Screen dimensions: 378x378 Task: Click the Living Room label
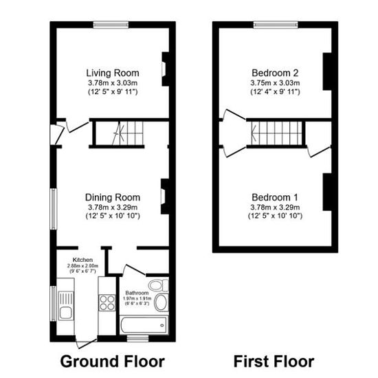(x=113, y=73)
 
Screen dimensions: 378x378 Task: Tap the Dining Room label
(x=113, y=197)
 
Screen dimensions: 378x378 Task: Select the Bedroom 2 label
(x=275, y=73)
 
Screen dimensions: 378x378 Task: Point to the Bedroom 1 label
(x=275, y=197)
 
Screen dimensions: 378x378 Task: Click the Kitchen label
(x=82, y=260)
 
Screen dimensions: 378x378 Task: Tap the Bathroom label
(x=137, y=293)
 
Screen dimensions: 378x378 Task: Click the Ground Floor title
(x=112, y=362)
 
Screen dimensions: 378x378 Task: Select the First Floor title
(x=274, y=362)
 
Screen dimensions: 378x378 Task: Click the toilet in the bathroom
(x=158, y=285)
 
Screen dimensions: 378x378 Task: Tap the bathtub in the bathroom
(x=144, y=325)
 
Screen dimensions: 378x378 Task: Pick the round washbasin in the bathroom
(x=161, y=302)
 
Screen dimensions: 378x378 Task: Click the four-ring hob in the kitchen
(x=107, y=303)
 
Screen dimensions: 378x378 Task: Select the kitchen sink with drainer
(x=65, y=305)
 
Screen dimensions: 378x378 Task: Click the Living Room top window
(x=111, y=25)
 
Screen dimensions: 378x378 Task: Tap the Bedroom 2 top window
(x=276, y=25)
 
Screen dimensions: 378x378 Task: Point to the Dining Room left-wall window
(x=54, y=209)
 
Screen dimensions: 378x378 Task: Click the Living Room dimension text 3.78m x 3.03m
(x=113, y=83)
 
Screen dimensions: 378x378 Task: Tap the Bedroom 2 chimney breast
(x=327, y=71)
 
